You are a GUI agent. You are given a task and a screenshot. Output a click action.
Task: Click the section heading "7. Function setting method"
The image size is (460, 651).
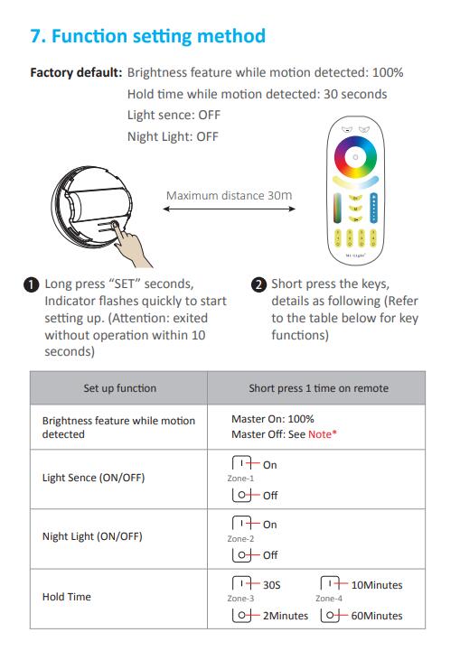[x=148, y=36]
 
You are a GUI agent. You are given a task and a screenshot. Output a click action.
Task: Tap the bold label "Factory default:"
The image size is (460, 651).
[x=76, y=72]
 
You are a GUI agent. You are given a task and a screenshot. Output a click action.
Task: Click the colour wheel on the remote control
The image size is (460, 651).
[x=355, y=157]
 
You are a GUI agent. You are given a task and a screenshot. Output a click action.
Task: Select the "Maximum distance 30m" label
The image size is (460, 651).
[x=229, y=196]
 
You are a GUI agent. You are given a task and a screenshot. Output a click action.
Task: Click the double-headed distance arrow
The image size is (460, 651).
[x=229, y=209]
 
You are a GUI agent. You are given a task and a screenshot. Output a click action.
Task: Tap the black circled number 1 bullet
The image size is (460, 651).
[x=32, y=284]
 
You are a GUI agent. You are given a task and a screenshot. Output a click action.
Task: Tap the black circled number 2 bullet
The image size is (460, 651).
[x=258, y=284]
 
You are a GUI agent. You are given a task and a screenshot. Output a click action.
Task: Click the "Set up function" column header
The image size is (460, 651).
[x=119, y=388]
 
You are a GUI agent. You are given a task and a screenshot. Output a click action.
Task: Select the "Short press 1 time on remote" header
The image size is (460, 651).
[x=319, y=388]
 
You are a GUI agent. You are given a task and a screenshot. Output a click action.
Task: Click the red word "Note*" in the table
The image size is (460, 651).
[x=323, y=434]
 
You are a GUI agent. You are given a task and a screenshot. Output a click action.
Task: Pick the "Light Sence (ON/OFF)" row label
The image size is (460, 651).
[x=93, y=478]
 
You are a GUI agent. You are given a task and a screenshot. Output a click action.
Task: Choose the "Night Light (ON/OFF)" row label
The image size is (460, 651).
[x=92, y=536]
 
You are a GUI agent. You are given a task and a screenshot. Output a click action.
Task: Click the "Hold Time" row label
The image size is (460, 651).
[x=67, y=597]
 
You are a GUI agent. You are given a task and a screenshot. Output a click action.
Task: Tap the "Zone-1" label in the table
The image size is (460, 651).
[x=240, y=479]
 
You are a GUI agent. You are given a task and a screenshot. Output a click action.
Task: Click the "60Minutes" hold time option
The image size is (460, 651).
[x=377, y=615]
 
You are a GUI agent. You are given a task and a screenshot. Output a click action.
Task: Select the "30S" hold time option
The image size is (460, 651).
[x=272, y=585]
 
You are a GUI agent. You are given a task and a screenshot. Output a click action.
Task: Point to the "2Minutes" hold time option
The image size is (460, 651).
[x=286, y=615]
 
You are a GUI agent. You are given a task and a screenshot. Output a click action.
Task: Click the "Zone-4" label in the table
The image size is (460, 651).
[x=329, y=599]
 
